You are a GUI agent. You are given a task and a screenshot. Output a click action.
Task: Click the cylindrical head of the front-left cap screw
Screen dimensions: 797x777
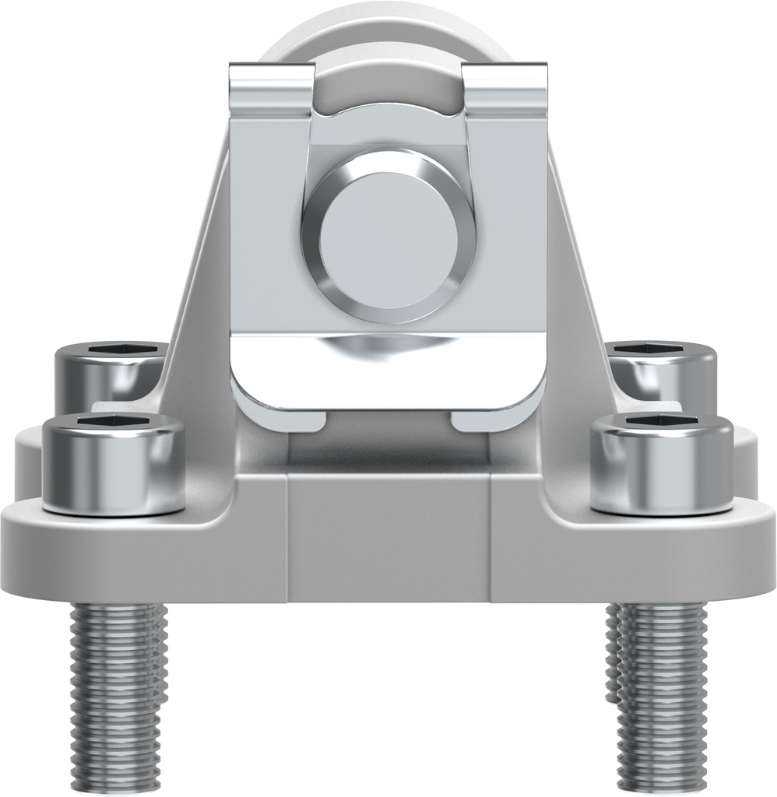click(113, 475)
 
